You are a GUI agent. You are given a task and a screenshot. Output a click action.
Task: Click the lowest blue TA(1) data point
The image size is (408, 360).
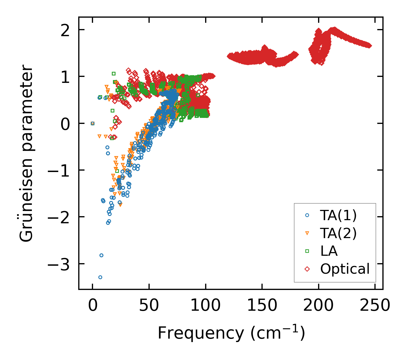click(x=100, y=277)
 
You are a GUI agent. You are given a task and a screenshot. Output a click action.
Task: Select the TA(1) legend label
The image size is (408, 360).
click(x=338, y=216)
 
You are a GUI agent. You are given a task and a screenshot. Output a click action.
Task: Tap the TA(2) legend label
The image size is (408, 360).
click(x=338, y=233)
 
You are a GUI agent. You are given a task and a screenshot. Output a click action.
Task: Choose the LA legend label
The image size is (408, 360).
click(x=329, y=251)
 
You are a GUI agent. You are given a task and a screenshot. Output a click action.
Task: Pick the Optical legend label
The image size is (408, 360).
click(x=345, y=269)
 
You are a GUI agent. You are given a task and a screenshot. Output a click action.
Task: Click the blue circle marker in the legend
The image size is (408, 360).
click(x=307, y=216)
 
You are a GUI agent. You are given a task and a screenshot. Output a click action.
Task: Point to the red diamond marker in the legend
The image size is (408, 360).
click(x=307, y=269)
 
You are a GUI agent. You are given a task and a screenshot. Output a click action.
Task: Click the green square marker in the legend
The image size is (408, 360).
click(x=307, y=251)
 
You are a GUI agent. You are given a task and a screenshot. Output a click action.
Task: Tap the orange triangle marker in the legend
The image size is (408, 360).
click(x=307, y=234)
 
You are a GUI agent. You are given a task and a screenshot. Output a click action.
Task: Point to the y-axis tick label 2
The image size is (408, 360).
click(x=65, y=30)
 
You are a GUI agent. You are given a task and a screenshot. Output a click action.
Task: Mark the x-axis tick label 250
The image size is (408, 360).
click(x=375, y=306)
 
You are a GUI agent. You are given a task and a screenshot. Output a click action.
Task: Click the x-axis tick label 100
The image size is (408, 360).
click(x=205, y=306)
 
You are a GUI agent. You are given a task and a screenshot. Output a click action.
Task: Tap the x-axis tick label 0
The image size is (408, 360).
click(x=92, y=306)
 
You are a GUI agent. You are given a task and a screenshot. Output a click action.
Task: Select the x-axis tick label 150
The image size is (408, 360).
click(x=261, y=306)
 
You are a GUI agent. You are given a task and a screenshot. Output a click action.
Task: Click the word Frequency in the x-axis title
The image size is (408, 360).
click(x=201, y=333)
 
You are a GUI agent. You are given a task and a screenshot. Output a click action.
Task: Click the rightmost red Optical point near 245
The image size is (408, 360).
click(x=370, y=46)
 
